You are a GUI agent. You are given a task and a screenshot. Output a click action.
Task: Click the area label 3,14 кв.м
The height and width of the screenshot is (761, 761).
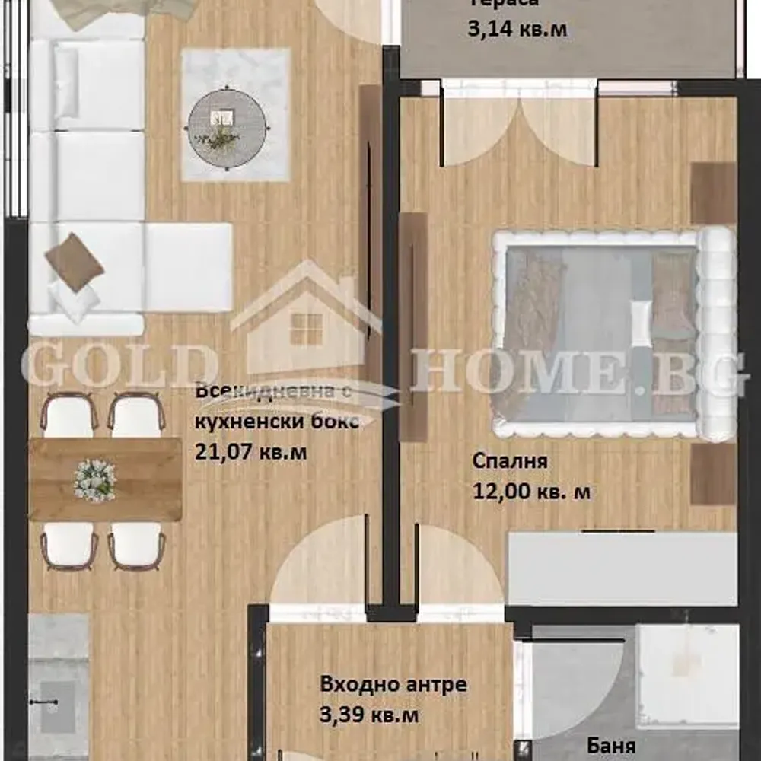coord(517,30)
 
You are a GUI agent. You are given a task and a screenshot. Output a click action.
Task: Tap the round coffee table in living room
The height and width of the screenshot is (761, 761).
coord(228,127)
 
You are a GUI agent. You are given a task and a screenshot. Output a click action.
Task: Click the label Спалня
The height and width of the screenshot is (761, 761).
coord(510,462)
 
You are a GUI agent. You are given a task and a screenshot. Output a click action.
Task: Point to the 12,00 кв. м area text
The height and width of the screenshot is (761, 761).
coord(530,492)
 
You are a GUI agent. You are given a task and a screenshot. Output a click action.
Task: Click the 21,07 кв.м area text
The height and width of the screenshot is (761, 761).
coord(251,453)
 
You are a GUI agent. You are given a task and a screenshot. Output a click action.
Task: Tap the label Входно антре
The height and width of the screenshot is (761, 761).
coord(393,684)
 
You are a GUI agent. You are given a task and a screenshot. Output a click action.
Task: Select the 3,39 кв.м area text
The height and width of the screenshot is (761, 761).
coord(369,715)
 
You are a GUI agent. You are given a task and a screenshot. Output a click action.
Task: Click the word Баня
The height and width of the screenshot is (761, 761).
coord(611,745)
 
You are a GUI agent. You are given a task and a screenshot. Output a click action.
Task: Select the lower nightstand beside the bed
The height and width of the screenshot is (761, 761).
coord(713,474)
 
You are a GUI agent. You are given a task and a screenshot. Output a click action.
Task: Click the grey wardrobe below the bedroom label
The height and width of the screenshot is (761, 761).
coord(621,568)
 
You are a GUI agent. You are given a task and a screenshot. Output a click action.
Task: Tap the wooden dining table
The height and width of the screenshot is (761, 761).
coord(104,479)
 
